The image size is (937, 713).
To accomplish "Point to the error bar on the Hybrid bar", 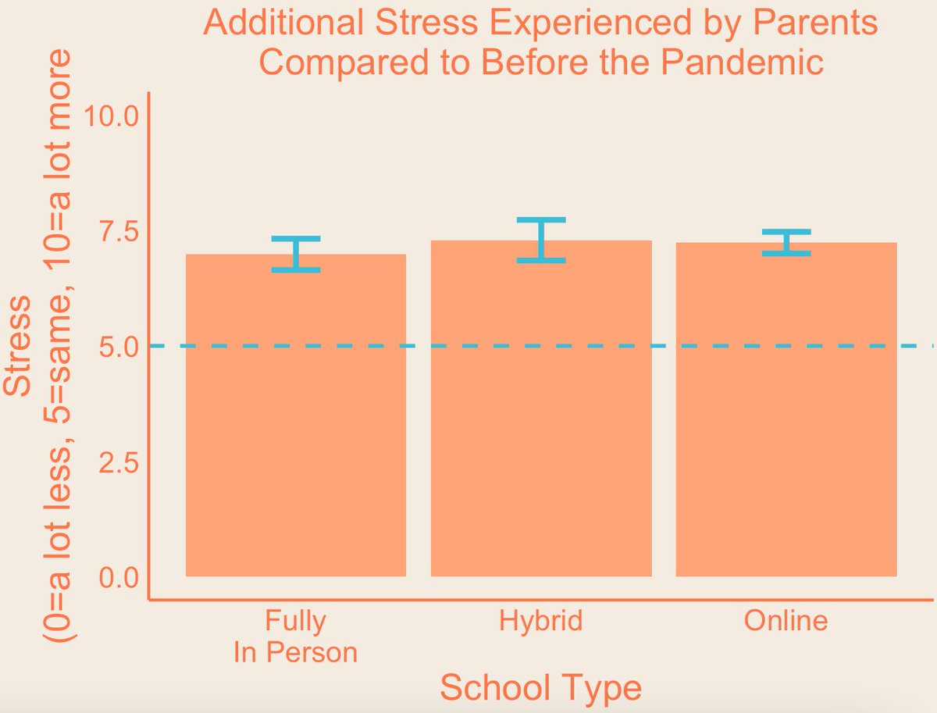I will [541, 240].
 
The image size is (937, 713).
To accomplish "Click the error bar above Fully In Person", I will [296, 254].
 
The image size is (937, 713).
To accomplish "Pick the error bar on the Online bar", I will [786, 242].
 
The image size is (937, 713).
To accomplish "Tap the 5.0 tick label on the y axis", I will [118, 347].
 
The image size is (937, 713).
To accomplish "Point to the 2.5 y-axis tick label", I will [118, 462].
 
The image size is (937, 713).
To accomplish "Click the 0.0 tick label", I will [118, 577].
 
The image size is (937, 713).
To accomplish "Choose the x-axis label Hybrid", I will [541, 621].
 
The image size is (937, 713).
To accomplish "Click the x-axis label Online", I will [786, 621].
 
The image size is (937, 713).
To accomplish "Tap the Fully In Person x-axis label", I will [295, 636].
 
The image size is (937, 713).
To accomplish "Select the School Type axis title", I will [541, 688].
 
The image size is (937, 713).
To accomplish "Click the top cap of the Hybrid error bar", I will [541, 219].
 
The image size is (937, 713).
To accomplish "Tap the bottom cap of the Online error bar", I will [786, 253].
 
